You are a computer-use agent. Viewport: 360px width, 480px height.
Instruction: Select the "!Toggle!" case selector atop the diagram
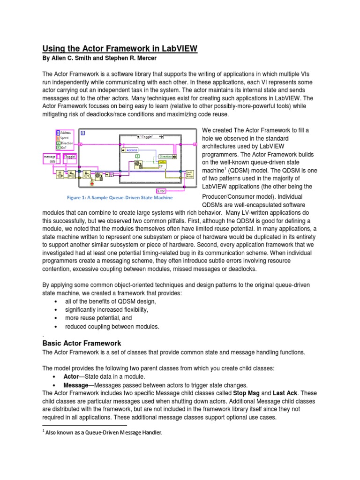[x=150, y=136]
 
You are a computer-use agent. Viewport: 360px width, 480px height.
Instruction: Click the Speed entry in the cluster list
[x=64, y=138]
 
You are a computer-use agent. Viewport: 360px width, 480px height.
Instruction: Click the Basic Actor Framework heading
[x=82, y=343]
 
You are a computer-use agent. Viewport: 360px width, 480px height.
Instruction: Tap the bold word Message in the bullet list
[x=76, y=385]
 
